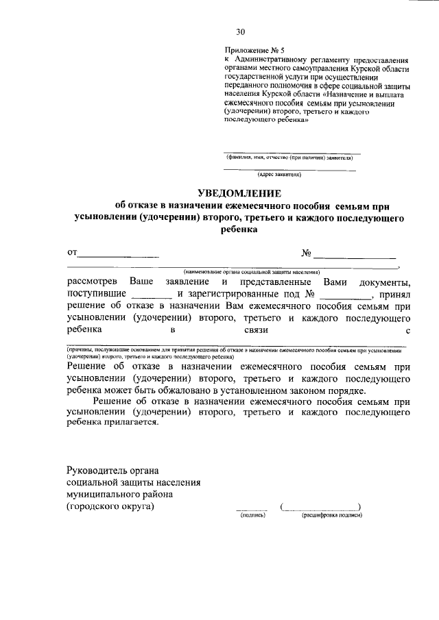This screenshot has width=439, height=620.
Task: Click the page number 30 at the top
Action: click(x=240, y=32)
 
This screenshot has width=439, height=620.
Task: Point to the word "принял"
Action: click(x=394, y=295)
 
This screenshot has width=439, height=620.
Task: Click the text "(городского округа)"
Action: click(x=110, y=507)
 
